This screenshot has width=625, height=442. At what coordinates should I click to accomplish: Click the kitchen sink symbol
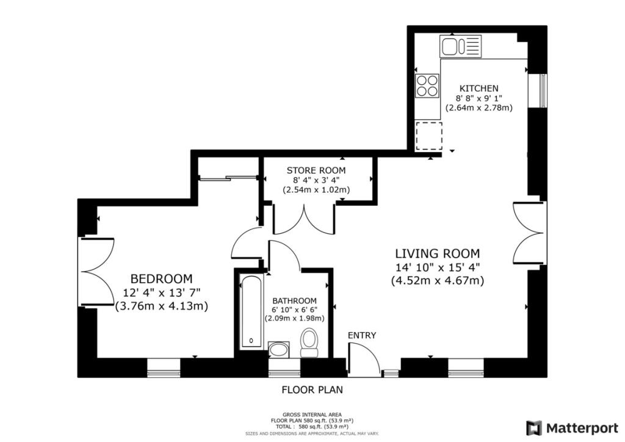(460, 45)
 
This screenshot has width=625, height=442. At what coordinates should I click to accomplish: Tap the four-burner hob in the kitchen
(427, 85)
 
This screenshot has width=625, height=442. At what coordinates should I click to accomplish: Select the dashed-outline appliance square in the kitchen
(429, 136)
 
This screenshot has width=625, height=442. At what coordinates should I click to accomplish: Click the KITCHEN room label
(479, 89)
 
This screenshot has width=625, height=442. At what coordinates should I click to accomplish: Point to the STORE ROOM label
(316, 170)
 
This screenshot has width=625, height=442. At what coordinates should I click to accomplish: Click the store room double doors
(304, 219)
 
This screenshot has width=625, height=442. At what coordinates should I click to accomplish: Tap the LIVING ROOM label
(437, 253)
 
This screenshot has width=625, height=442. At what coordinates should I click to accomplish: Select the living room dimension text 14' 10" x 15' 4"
(437, 267)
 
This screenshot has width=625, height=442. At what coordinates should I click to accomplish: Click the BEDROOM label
(161, 278)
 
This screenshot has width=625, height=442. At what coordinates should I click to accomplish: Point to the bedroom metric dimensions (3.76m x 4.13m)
(161, 306)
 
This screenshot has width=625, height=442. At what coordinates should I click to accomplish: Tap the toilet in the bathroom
(308, 342)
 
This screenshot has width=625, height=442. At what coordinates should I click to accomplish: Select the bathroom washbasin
(278, 350)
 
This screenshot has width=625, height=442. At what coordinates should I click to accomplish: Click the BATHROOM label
(294, 301)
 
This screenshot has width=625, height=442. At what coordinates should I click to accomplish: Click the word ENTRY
(362, 336)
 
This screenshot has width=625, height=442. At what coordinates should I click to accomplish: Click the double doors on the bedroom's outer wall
(97, 272)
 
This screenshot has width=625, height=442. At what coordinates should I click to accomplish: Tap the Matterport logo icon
(533, 428)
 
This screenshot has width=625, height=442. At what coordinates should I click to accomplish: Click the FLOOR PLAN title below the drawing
(312, 389)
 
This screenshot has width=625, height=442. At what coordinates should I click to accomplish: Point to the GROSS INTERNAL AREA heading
(312, 415)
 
